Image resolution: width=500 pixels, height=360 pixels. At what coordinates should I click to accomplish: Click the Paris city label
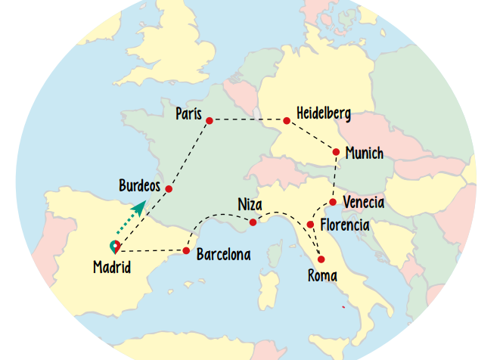(x=188, y=113)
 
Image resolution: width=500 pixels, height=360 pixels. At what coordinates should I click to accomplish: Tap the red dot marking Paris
(x=210, y=120)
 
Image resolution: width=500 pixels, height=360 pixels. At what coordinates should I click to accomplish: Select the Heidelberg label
(x=324, y=113)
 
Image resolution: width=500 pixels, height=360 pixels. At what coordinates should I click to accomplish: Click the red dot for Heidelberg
(x=287, y=120)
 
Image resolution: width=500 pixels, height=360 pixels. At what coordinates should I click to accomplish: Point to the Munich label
(x=364, y=154)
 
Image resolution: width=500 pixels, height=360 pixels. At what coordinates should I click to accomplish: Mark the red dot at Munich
(x=336, y=152)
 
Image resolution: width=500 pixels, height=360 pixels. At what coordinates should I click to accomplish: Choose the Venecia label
(x=363, y=203)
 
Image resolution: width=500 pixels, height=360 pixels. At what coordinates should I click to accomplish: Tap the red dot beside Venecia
(x=333, y=202)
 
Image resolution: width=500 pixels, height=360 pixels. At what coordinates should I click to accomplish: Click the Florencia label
(x=344, y=225)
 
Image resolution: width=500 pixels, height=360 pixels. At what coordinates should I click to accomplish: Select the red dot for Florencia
(x=310, y=225)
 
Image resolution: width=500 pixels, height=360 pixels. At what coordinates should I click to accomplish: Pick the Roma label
(x=322, y=276)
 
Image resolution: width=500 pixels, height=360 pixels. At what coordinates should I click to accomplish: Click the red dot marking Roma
(x=321, y=259)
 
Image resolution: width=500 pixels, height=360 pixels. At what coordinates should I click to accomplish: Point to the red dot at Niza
(x=253, y=222)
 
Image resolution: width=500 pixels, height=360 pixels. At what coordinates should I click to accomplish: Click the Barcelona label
(x=223, y=255)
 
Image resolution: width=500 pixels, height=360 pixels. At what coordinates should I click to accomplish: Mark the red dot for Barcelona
(x=186, y=250)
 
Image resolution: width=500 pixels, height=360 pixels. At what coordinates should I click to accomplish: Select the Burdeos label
(x=140, y=185)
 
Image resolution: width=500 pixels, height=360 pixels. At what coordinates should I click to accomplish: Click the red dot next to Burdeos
(x=169, y=189)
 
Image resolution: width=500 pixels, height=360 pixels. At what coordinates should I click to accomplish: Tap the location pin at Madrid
(x=114, y=247)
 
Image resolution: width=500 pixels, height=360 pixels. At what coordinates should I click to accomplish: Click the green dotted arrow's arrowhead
(x=140, y=206)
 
